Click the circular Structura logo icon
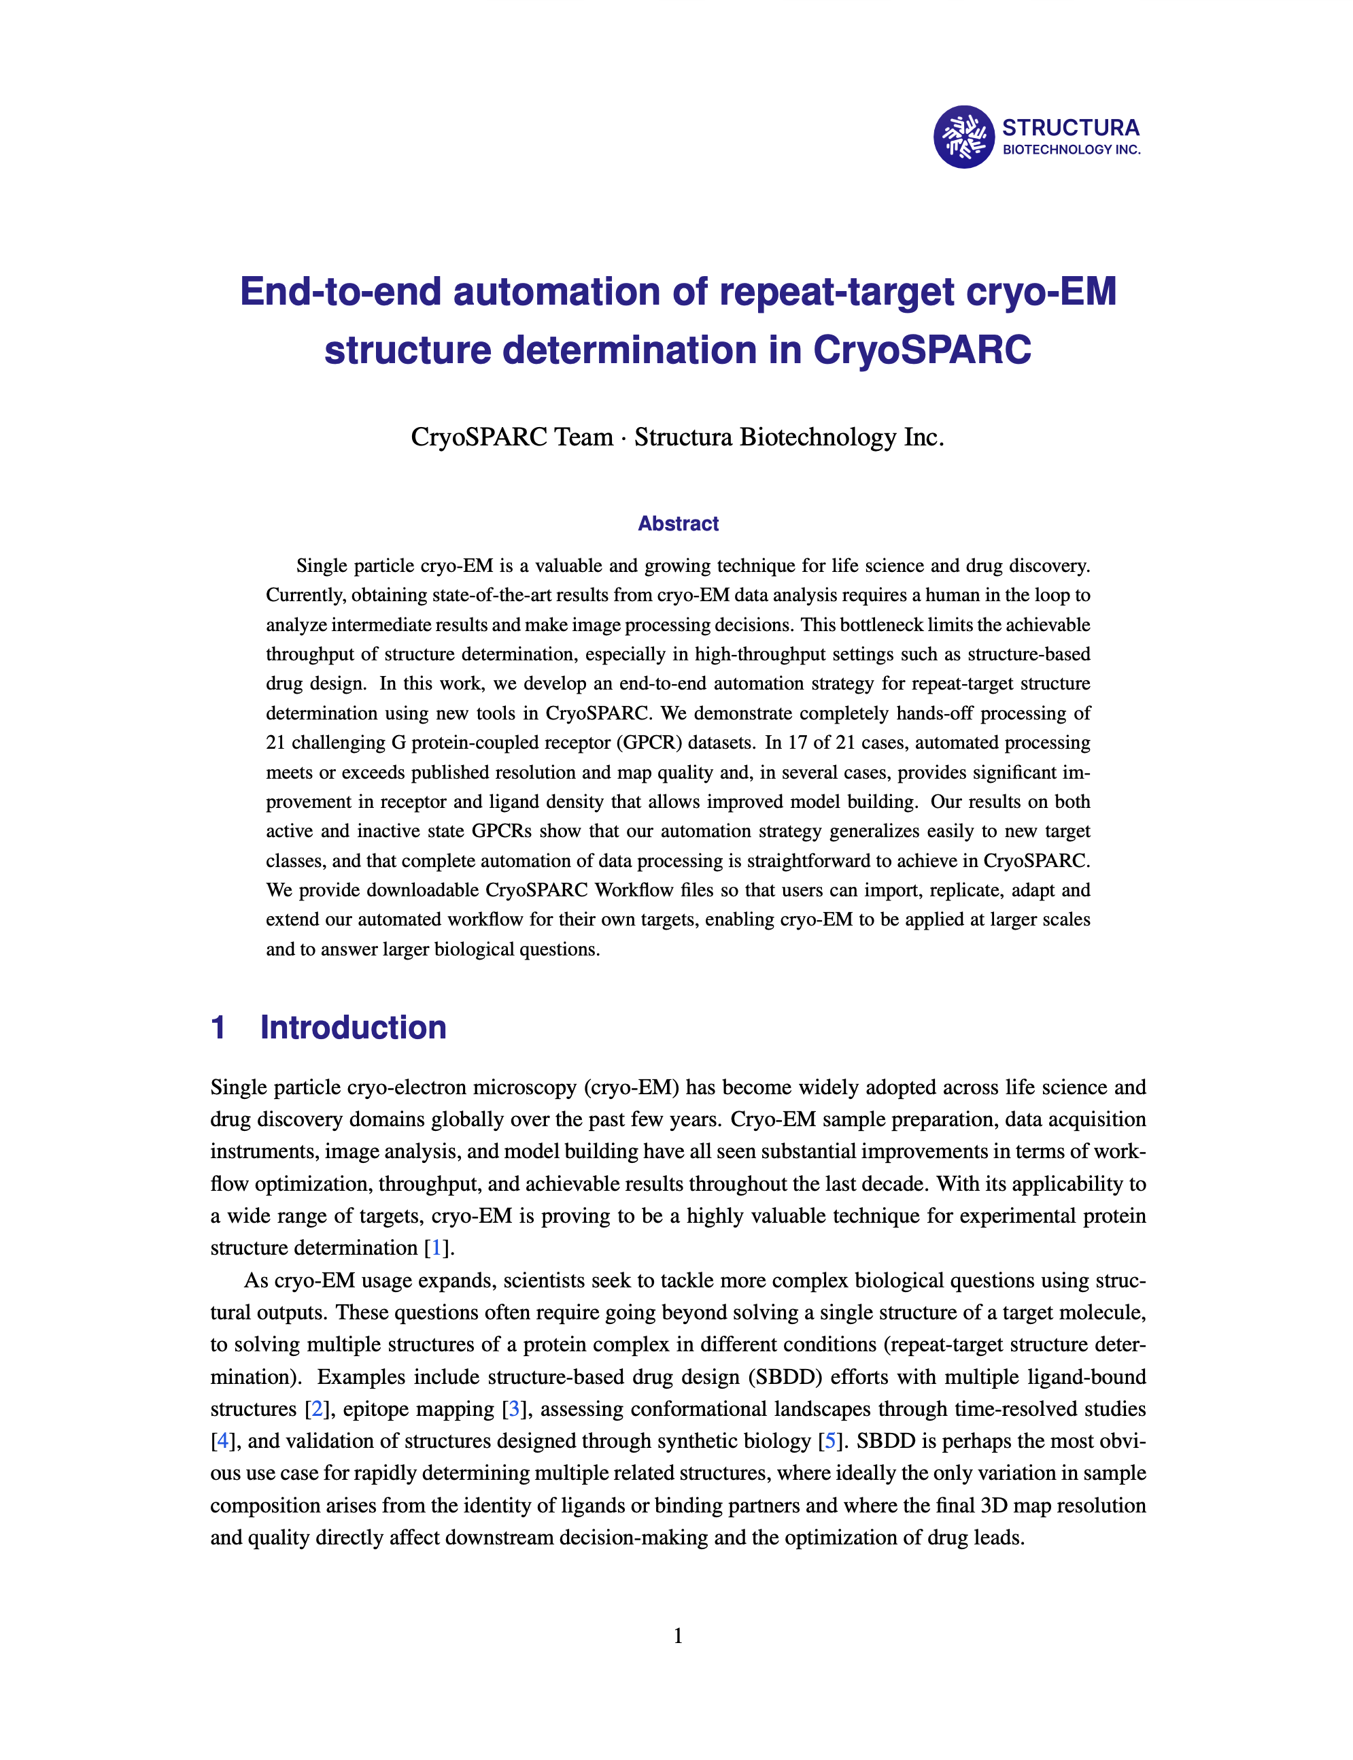(x=964, y=137)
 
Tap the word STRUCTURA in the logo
(x=1070, y=128)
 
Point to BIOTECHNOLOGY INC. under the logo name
(x=1071, y=150)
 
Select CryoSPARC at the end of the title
(x=921, y=350)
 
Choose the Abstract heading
(x=678, y=524)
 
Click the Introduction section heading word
(x=353, y=1028)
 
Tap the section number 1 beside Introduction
(x=218, y=1028)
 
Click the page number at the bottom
(x=678, y=1636)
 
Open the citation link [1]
(x=436, y=1248)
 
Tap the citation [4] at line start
(x=222, y=1441)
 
